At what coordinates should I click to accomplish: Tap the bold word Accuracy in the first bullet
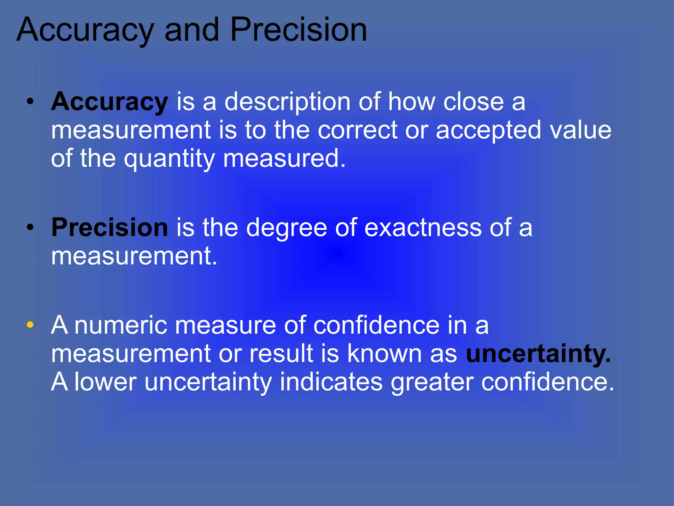(110, 102)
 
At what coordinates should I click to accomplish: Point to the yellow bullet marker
(30, 325)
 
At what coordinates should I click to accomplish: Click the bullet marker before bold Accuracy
(30, 102)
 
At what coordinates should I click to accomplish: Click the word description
(287, 102)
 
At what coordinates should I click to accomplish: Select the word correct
(357, 130)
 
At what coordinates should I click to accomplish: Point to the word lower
(105, 382)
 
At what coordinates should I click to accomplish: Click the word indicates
(331, 382)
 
